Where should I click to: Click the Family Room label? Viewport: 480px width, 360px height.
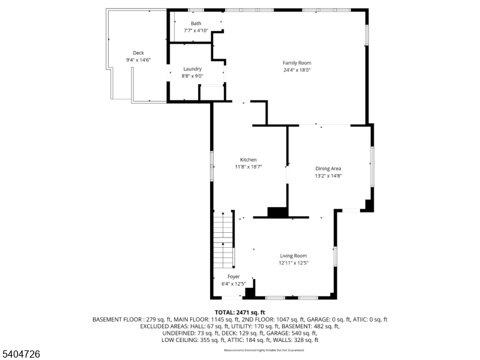point(297,62)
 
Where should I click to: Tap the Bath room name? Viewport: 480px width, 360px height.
point(196,23)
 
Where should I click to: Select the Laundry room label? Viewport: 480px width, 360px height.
point(193,69)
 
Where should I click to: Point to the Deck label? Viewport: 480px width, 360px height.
point(139,53)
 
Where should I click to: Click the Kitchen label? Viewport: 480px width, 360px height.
point(248,160)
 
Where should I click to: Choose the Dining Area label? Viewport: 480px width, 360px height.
point(328,169)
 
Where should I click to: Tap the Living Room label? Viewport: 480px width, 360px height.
point(293,256)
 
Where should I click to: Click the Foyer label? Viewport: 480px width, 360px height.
point(233,277)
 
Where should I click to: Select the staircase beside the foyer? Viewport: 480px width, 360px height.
point(224,239)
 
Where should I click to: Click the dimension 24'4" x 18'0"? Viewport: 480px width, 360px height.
point(297,70)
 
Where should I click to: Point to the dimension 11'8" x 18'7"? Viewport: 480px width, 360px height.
point(248,167)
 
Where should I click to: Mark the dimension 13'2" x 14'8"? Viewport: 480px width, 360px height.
point(328,176)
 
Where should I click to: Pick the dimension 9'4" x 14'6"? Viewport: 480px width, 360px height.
point(139,60)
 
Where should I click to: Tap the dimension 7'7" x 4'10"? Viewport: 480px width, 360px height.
point(196,31)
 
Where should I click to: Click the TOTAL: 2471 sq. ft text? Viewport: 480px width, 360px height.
point(240,313)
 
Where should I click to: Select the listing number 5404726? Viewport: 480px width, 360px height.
point(20,355)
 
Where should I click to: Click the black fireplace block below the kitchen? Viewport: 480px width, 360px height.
point(277,212)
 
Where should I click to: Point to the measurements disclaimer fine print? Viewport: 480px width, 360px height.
point(264,350)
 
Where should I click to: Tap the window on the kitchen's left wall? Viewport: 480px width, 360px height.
point(211,165)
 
